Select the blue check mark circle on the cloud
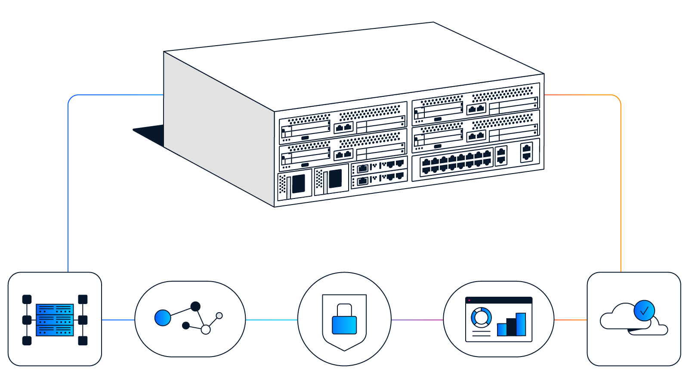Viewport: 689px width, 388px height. point(644,310)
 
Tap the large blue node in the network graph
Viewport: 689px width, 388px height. point(163,318)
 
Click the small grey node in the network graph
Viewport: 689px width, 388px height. point(219,316)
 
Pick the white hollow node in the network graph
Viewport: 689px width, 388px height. point(206,329)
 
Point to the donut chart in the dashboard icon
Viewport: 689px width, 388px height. point(481,317)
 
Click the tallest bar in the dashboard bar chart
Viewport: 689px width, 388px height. point(521,324)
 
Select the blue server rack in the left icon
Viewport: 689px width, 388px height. point(55,320)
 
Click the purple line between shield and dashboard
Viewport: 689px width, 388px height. point(417,320)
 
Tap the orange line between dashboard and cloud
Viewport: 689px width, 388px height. point(571,320)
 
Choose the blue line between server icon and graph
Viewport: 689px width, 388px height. point(118,320)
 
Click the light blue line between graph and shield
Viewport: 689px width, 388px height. point(271,320)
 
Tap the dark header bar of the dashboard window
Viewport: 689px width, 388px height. point(499,300)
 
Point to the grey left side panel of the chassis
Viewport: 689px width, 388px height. point(215,129)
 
